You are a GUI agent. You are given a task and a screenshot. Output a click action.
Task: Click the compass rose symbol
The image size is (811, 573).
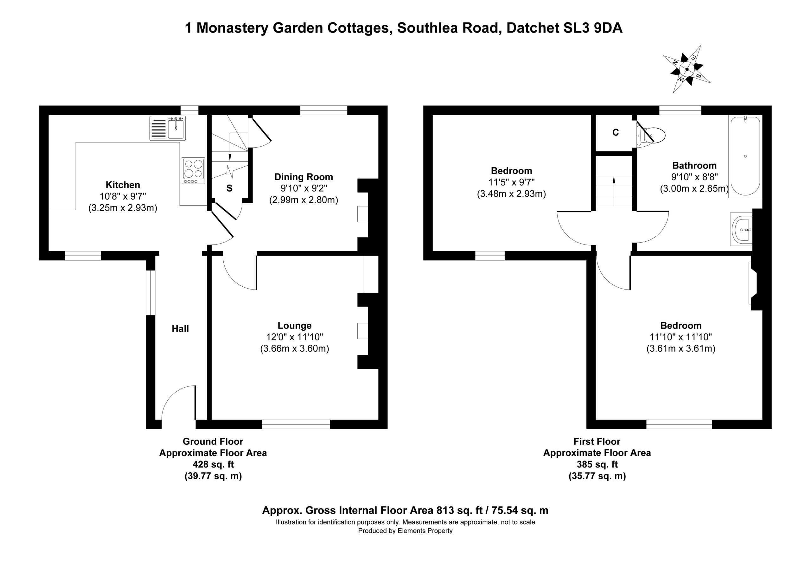click(687, 69)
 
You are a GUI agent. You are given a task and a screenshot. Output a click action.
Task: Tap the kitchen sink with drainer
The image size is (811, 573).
click(168, 128)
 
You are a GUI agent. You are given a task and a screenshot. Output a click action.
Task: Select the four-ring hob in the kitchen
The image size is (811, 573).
click(194, 171)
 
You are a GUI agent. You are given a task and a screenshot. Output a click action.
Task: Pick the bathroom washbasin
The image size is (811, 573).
click(743, 230)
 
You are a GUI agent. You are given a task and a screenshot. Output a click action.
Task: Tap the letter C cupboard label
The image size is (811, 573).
click(616, 132)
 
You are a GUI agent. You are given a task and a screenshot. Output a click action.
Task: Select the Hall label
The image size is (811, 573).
click(180, 329)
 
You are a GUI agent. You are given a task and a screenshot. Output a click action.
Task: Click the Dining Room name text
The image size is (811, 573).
click(304, 177)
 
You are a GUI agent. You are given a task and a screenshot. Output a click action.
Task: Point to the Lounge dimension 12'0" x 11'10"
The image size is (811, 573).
click(295, 337)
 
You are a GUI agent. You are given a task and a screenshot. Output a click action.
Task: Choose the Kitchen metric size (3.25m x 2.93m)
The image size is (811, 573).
click(123, 208)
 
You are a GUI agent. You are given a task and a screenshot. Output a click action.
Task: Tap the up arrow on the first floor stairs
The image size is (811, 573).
click(614, 191)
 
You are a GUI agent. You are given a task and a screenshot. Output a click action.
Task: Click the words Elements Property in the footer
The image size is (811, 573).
click(425, 531)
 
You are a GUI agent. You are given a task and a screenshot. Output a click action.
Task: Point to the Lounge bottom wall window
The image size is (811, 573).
click(296, 424)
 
